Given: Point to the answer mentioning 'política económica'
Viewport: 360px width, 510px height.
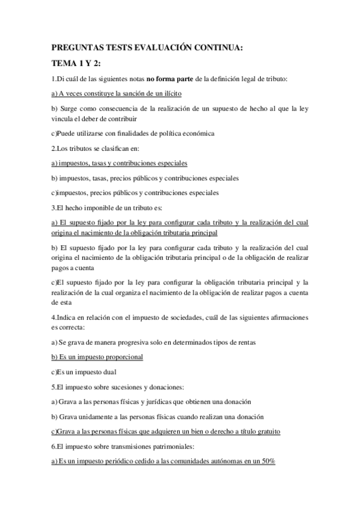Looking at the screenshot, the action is (x=133, y=133).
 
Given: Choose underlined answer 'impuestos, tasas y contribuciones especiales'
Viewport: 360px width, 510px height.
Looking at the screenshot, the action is (x=120, y=162).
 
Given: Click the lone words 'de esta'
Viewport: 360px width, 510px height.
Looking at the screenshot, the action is (x=62, y=303).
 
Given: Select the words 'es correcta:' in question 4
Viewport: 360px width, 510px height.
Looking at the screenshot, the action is (x=68, y=327).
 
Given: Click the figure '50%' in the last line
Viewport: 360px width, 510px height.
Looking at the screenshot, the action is (x=267, y=461).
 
